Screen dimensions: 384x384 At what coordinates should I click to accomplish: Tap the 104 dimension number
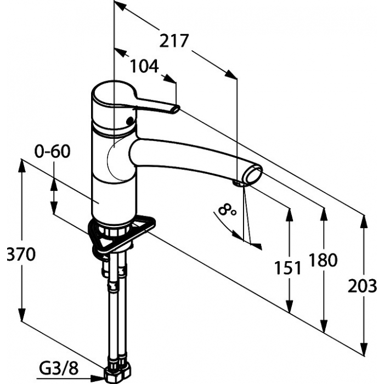(144, 66)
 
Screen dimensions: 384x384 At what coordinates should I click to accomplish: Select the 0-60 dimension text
(52, 151)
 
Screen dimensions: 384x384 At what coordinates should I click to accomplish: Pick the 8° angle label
(227, 210)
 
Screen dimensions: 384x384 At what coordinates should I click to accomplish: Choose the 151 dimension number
(287, 268)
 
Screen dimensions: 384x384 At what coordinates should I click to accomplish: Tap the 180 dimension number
(323, 260)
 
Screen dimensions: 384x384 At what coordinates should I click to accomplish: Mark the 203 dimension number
(363, 286)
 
